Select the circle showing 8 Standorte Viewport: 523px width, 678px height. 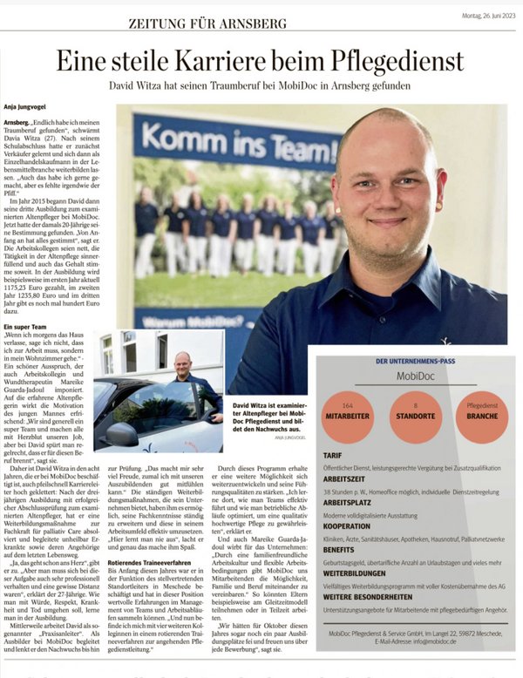click(415, 417)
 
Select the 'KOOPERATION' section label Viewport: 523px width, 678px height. click(347, 527)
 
